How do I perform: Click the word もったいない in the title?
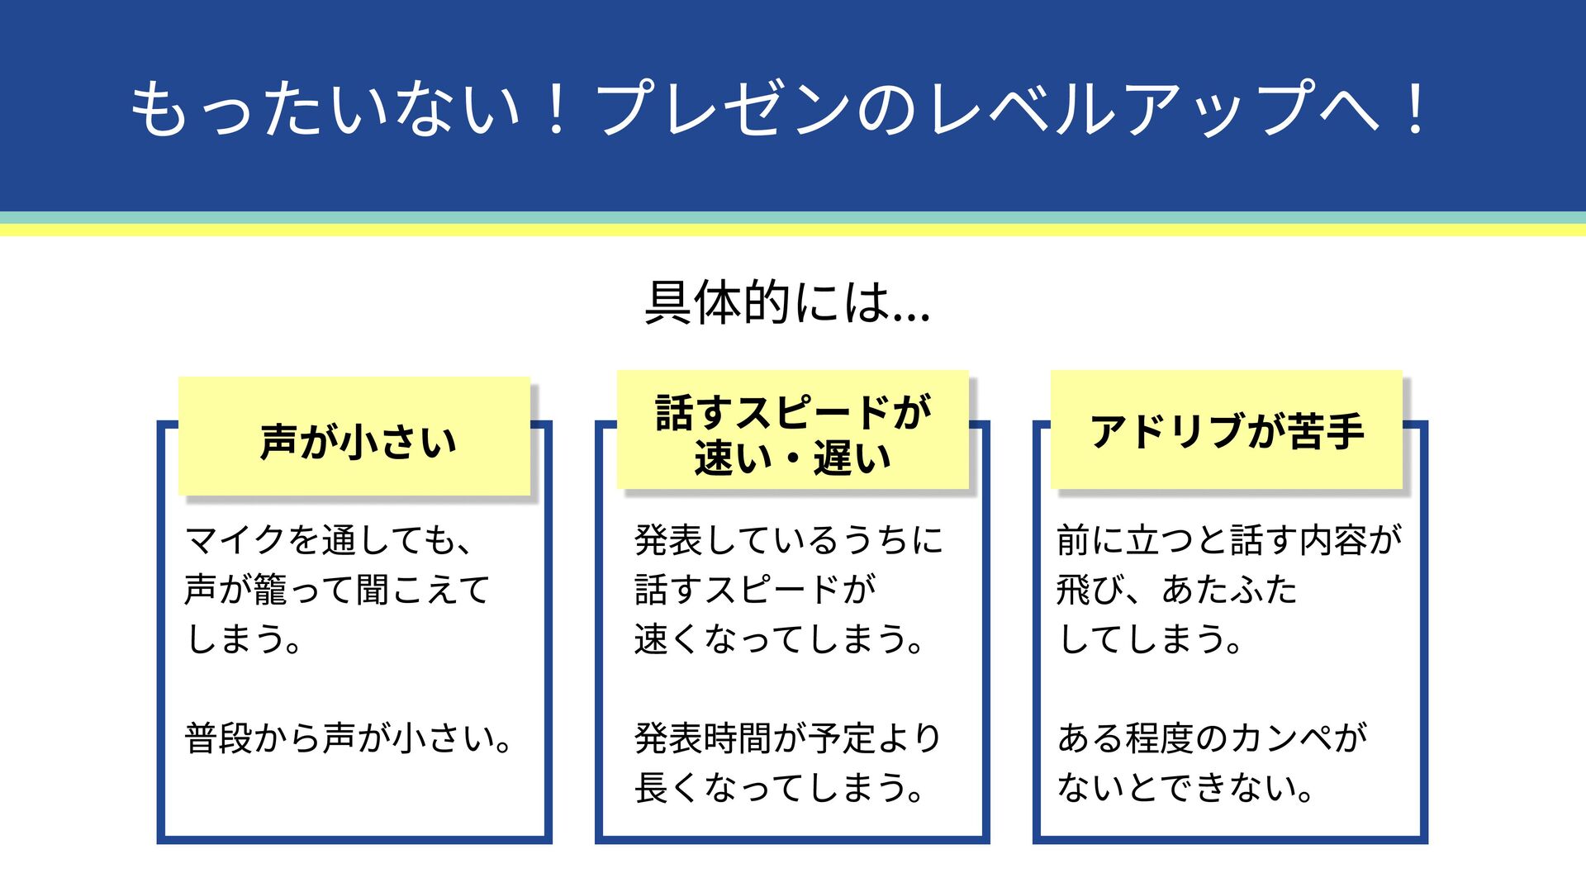pyautogui.click(x=326, y=110)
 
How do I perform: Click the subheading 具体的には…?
pyautogui.click(x=787, y=302)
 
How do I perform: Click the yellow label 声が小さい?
pyautogui.click(x=357, y=440)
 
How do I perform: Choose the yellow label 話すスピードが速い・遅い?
pyautogui.click(x=792, y=434)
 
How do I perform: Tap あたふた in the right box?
pyautogui.click(x=1229, y=590)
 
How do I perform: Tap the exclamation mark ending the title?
pyautogui.click(x=1416, y=110)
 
